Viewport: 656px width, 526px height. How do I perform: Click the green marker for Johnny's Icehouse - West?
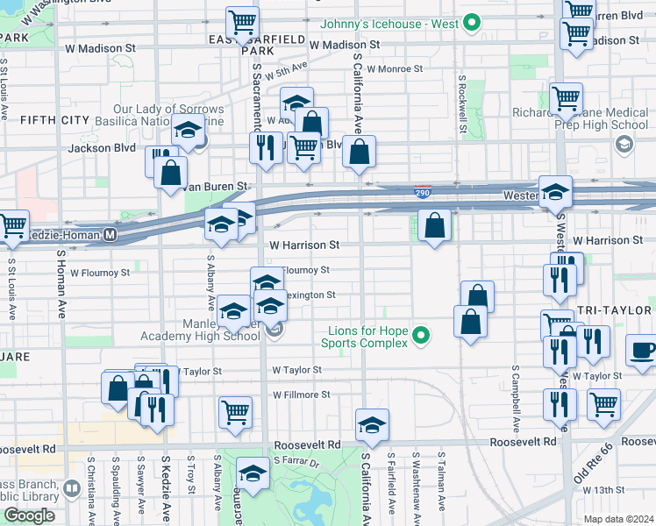(x=473, y=24)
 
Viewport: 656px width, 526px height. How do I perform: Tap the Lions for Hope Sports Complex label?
(x=367, y=337)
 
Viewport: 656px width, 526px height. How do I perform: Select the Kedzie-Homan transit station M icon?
(x=111, y=234)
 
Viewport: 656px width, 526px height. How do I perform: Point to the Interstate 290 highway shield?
(x=423, y=191)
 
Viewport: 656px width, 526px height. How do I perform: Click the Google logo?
(x=29, y=515)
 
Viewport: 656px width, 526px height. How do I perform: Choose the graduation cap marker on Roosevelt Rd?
(x=372, y=425)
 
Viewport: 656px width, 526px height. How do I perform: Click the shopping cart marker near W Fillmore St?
(x=235, y=412)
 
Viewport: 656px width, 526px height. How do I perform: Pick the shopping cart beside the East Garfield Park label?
(x=242, y=23)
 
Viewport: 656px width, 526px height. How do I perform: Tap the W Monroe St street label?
(x=395, y=68)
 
